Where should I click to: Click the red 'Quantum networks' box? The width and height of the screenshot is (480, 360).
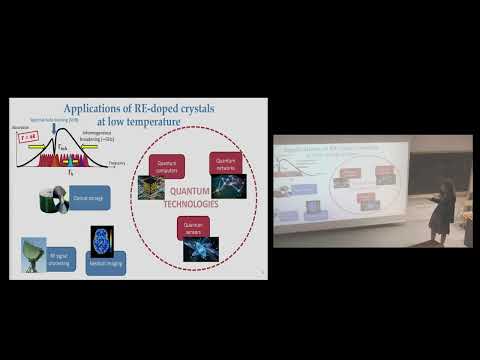point(225,163)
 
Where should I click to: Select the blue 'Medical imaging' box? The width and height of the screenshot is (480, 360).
point(105,263)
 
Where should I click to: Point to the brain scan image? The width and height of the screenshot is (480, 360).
point(100,238)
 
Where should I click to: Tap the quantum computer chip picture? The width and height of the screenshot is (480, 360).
point(151,187)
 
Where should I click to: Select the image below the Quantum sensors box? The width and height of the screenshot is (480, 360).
point(200,249)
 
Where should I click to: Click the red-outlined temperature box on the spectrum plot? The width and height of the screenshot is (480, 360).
point(27,139)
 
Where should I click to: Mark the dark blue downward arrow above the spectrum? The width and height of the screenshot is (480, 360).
point(67,137)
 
